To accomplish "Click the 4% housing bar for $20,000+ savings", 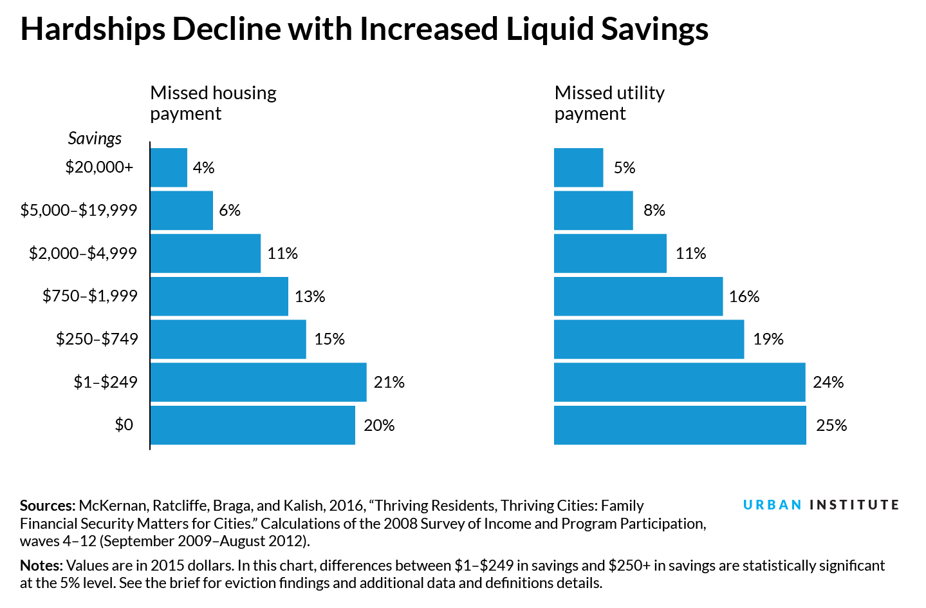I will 169,167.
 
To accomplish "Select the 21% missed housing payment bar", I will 258,382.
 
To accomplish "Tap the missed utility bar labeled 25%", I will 680,425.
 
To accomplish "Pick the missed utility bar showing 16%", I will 638,296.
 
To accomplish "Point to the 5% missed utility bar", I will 579,167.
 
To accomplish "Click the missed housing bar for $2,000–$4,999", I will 205,253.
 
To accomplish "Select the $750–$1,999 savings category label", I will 90,296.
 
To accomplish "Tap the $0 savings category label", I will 124,424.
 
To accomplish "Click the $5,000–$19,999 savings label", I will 79,210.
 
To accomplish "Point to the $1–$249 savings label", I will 106,382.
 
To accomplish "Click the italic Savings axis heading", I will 95,138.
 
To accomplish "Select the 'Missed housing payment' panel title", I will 213,103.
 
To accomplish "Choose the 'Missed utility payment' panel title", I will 609,103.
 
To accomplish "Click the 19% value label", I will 768,339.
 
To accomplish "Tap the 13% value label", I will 310,296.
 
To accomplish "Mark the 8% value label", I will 654,211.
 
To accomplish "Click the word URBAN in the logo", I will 772,505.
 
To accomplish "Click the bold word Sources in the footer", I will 48,506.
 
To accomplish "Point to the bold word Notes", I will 41,565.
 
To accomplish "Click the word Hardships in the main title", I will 91,30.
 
